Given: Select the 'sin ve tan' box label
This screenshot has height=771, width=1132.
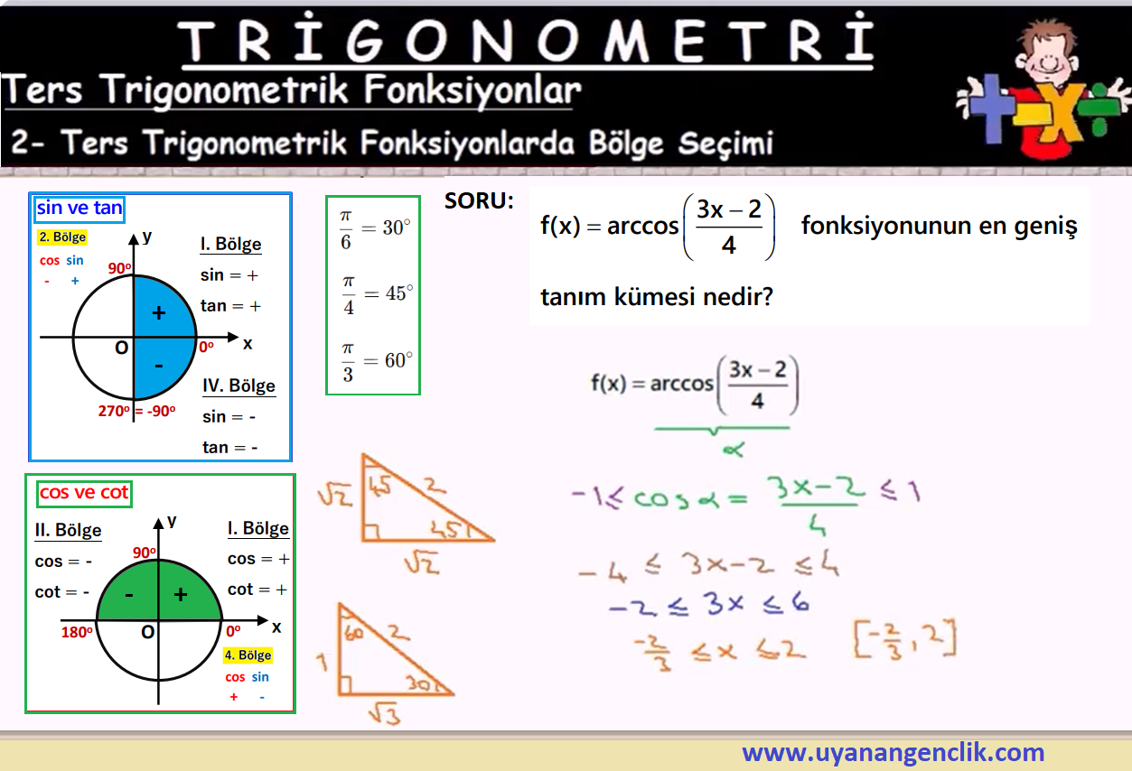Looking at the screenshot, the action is [x=80, y=208].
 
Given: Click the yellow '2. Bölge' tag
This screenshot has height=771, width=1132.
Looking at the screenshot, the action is [x=62, y=237].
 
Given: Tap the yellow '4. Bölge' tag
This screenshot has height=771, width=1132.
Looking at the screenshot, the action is [x=248, y=655].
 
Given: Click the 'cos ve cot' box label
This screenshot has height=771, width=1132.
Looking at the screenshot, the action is [x=84, y=493].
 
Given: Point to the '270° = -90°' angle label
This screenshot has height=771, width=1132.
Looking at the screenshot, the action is [x=136, y=411].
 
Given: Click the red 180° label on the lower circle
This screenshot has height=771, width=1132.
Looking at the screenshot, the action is [x=77, y=632].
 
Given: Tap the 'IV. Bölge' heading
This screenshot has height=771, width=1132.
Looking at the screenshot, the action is [x=239, y=385].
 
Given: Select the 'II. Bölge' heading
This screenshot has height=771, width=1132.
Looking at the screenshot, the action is [x=69, y=531].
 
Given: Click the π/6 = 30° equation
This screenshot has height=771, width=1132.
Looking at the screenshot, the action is [x=374, y=229].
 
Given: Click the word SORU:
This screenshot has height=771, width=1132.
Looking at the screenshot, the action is [x=479, y=201].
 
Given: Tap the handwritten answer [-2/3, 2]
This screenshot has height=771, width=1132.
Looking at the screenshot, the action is [x=904, y=639].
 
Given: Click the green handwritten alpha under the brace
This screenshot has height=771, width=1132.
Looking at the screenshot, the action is [x=734, y=449].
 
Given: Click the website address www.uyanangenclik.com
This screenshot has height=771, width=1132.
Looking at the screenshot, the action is [x=893, y=752].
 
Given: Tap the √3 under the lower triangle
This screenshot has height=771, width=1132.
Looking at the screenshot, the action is [x=385, y=714].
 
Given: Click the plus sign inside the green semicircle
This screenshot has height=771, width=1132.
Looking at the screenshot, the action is [x=181, y=595].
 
